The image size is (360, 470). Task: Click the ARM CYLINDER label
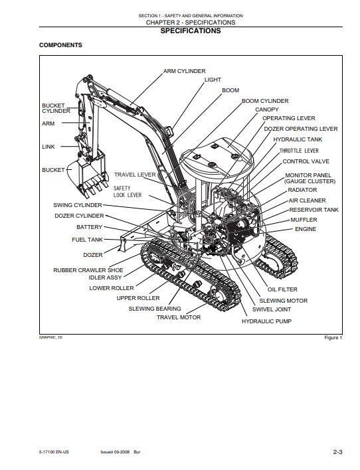point(184,71)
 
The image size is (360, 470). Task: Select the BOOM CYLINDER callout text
point(265,101)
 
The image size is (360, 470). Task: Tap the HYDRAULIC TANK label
point(298,139)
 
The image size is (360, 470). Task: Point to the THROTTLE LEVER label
point(299,151)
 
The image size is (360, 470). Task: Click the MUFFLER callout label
point(304,220)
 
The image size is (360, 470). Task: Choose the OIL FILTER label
point(282,289)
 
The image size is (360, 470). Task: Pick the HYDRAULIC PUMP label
point(266,321)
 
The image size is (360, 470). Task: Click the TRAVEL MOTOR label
point(179,317)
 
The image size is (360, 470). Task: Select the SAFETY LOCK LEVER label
point(128,192)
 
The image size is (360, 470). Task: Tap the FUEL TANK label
point(87,240)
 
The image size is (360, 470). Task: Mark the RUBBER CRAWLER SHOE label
point(88,270)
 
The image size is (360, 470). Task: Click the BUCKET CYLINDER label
point(56,108)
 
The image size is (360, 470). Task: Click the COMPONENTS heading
point(60,45)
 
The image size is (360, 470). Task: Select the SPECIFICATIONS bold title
point(191,31)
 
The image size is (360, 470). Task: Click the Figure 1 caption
point(333,338)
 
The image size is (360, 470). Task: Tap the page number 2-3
point(337,452)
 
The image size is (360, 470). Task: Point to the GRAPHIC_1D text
point(50,337)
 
